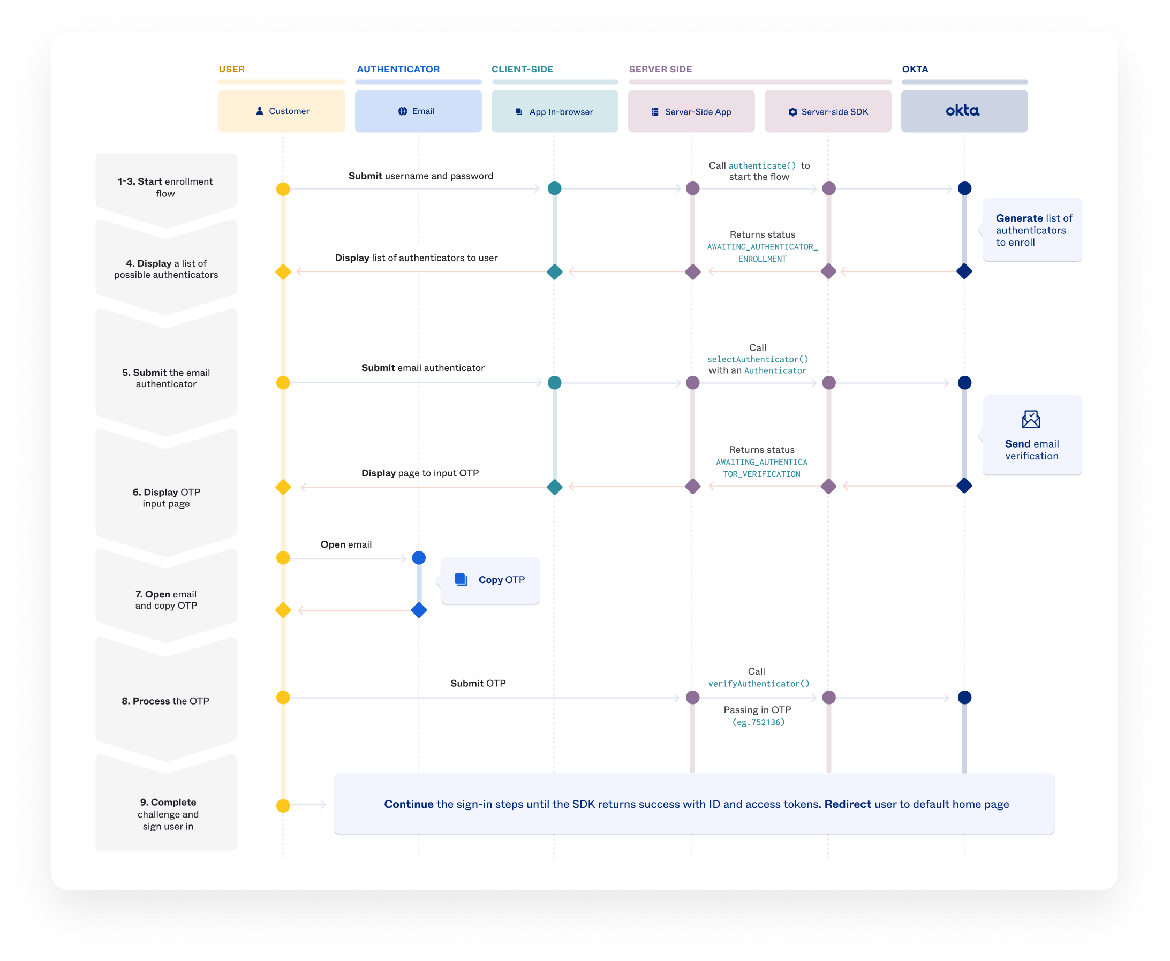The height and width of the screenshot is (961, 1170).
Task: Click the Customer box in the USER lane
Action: tap(282, 111)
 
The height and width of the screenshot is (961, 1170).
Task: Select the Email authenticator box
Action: tap(418, 111)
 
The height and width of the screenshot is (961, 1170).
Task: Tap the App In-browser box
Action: tap(555, 112)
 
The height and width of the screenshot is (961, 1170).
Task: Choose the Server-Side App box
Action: tap(691, 112)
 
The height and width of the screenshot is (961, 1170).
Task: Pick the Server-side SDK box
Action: tap(828, 112)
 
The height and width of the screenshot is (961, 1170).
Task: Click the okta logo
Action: tap(962, 111)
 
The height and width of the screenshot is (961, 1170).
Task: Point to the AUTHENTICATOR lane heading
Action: tap(398, 69)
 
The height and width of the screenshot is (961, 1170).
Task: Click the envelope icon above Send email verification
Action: tap(1030, 419)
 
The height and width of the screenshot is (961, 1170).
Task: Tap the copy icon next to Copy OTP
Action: tap(461, 580)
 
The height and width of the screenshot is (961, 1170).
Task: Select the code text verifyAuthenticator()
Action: tap(759, 684)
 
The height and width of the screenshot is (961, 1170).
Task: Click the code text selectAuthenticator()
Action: tap(758, 359)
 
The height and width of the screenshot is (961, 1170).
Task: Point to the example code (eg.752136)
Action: tap(758, 722)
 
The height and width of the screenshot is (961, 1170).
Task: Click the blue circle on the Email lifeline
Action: tap(419, 558)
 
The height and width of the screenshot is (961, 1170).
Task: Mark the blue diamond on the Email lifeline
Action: tap(419, 610)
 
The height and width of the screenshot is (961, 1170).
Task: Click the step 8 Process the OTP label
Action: tap(165, 701)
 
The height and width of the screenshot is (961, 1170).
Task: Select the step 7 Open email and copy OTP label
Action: tap(166, 600)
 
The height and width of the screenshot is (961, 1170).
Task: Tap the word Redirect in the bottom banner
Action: tap(847, 804)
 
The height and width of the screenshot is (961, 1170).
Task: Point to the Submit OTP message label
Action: tap(478, 683)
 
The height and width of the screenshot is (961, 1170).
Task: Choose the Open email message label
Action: tap(345, 544)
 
